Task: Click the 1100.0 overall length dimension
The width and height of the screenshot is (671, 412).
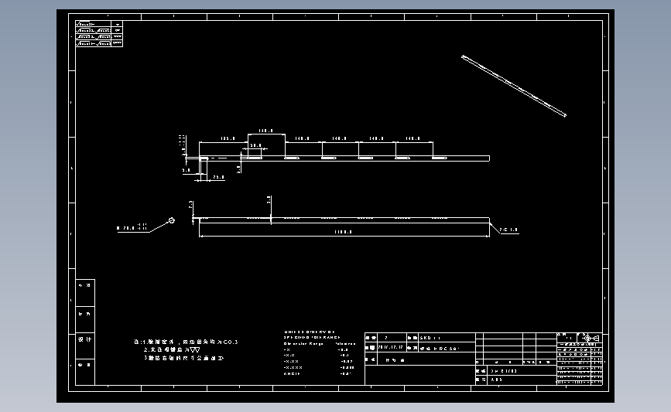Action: [x=343, y=232]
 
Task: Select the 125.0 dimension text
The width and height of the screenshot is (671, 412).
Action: [x=228, y=139]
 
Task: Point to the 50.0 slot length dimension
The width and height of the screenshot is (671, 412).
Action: [x=255, y=145]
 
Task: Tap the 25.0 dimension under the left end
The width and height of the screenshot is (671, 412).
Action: [x=218, y=177]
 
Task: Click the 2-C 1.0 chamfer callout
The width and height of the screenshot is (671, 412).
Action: [x=508, y=230]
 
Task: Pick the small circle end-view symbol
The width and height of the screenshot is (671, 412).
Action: [x=172, y=220]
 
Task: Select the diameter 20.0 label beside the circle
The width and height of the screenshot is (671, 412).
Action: [x=131, y=228]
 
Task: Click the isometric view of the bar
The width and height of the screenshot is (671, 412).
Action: [x=514, y=86]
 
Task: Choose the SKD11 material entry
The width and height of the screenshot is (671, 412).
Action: [x=430, y=338]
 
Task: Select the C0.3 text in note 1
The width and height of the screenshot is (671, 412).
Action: [x=230, y=342]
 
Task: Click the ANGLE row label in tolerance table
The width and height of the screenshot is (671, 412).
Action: [x=292, y=373]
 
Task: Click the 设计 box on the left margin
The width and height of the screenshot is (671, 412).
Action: [x=85, y=339]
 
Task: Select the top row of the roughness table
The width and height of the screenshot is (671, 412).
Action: [x=99, y=24]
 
